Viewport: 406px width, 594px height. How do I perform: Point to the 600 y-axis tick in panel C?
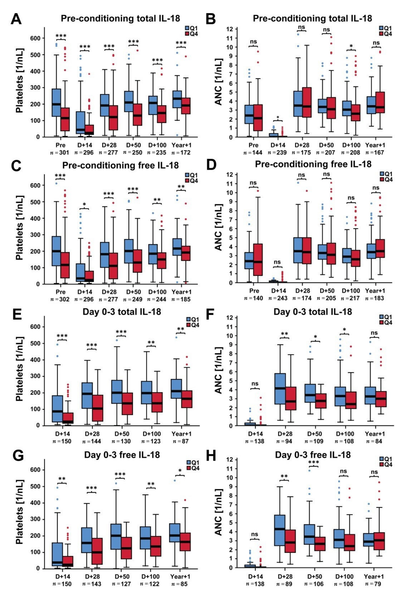coord(35,185)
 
